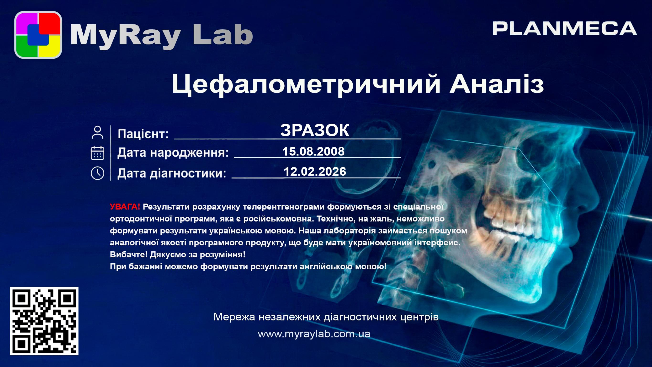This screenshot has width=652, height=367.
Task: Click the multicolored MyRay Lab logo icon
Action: [x=38, y=35]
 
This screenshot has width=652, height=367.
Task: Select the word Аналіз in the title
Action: [x=497, y=83]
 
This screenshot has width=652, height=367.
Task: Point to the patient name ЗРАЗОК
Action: [x=315, y=130]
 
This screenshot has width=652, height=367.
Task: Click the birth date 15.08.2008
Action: [x=313, y=151]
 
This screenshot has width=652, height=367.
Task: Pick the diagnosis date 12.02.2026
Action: [x=315, y=172]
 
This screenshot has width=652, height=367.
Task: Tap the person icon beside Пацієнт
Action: [x=97, y=132]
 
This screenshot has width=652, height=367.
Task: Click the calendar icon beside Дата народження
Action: [x=97, y=153]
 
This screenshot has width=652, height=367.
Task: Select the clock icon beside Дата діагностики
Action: [x=97, y=173]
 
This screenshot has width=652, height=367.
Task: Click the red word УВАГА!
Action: [x=125, y=207]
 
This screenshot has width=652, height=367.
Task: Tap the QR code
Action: [x=44, y=321]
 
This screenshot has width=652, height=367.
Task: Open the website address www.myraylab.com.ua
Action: [x=314, y=334]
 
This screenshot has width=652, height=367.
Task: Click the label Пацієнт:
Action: [x=143, y=134]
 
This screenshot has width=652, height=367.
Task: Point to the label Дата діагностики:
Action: [x=172, y=173]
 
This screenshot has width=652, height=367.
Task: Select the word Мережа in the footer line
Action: [x=234, y=317]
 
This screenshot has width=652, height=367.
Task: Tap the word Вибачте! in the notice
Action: [x=129, y=254]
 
